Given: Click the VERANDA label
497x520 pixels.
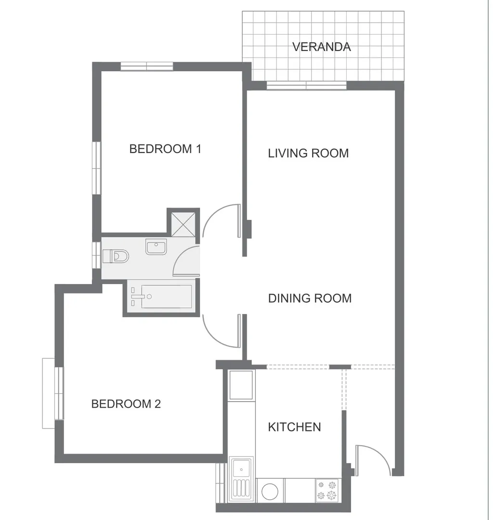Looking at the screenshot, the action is point(321,47).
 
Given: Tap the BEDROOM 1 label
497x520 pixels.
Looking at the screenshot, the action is point(165,149).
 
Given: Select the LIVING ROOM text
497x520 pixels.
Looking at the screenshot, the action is point(308,153).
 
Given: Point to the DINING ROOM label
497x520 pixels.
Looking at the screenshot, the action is point(310,298).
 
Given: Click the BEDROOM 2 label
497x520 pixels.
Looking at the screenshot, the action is point(126,404).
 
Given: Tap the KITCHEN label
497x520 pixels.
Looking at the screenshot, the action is point(294,427).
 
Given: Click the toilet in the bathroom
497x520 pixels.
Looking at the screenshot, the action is point(115,256).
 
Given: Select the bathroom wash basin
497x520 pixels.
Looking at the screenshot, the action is point(156,247).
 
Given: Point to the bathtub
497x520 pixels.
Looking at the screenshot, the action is point(162,297).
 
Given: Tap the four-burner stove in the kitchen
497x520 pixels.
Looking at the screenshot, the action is point(327,490).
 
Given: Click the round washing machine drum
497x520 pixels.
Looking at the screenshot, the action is point(270,492).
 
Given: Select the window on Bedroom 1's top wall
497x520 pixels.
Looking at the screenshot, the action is point(147,66).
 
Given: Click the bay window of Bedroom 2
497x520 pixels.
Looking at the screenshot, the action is point(53,393).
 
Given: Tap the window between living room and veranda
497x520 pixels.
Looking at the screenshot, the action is point(307,86).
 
